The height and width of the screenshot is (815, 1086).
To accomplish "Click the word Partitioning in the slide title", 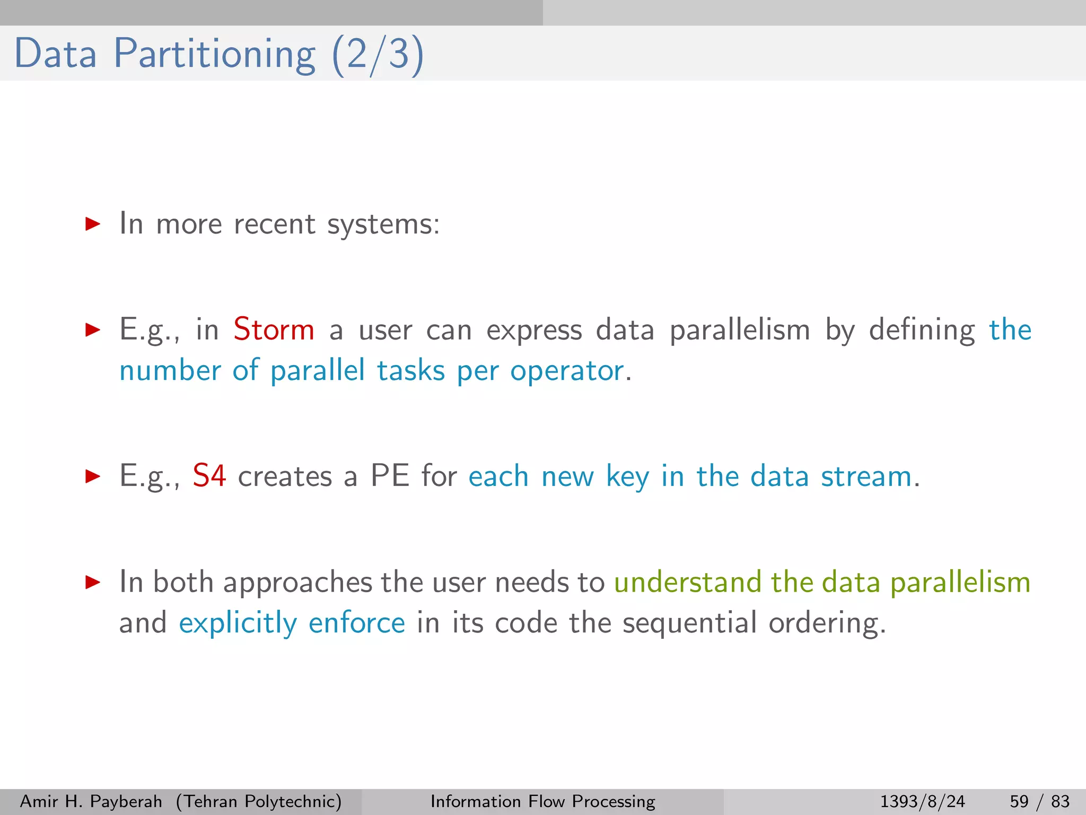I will point(215,54).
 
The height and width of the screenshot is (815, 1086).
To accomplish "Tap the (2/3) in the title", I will point(378,54).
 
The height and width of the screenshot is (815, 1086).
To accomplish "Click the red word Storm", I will point(274,330).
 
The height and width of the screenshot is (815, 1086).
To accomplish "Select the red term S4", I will point(209,476).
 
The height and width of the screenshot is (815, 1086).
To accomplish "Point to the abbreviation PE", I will point(390,476).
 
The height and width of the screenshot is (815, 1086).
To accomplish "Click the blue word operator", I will point(567,371).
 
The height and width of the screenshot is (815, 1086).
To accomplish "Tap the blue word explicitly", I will point(238,623).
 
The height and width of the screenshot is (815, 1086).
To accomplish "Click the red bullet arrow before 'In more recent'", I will point(93,224).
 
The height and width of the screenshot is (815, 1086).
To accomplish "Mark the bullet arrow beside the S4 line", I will point(93,476).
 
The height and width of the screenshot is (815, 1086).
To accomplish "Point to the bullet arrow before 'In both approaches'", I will point(93,583).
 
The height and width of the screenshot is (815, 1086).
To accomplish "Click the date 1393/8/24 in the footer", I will point(922,801).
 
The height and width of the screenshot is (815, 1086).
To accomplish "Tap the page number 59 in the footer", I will point(1019,801).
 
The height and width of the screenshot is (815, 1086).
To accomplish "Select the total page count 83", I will point(1060,801).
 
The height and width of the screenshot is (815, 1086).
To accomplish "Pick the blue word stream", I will point(866,476).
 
